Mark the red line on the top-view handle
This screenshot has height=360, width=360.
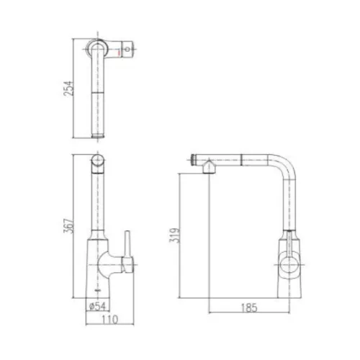pos(117,50)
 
